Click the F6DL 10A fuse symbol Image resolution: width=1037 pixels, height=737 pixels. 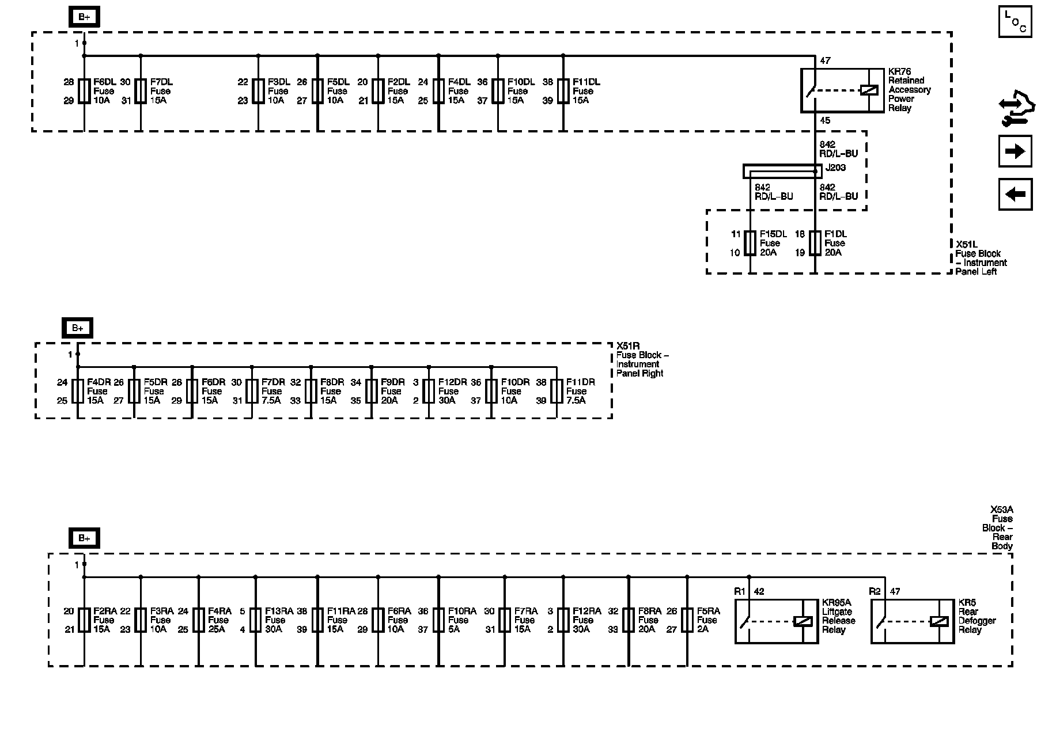coord(84,91)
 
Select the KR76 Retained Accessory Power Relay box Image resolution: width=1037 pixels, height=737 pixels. coord(842,90)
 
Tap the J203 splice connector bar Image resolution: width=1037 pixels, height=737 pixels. coord(782,171)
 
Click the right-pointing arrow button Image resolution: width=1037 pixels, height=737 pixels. coord(1015,151)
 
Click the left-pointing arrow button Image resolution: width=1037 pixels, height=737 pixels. coord(1015,194)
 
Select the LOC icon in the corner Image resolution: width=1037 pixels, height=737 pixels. coord(1015,22)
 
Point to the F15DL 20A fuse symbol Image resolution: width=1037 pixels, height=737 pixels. coord(750,243)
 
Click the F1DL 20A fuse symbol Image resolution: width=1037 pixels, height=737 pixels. coord(815,243)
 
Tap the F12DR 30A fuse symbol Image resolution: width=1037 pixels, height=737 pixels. coord(429,391)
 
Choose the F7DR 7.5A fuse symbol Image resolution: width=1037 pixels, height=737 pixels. coord(252,391)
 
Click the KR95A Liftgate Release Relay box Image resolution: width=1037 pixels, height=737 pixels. coord(777,621)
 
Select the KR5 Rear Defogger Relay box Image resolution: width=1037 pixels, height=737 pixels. coord(913,621)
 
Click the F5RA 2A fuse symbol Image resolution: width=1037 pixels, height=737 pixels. coord(687,620)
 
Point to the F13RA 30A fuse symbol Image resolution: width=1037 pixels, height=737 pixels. coord(256,620)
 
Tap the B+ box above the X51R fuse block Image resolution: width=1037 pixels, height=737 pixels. coord(78,328)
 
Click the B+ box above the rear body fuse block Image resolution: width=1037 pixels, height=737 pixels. coord(84,538)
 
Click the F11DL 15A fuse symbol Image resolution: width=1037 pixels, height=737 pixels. coord(563,91)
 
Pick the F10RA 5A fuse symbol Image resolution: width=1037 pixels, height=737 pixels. coord(438,620)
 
